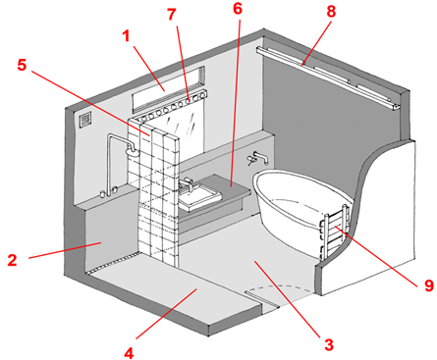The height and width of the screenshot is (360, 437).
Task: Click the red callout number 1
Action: [127, 36]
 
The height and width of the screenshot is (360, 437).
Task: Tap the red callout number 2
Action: [12, 260]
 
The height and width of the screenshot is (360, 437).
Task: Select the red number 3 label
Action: [329, 344]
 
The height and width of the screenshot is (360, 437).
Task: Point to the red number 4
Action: [129, 353]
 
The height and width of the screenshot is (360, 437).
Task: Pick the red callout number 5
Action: [22, 65]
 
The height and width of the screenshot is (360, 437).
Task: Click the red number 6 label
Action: [238, 9]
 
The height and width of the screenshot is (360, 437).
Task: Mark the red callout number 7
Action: [172, 15]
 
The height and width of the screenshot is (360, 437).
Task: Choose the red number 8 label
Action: [331, 12]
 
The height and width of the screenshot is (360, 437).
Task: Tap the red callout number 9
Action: [429, 285]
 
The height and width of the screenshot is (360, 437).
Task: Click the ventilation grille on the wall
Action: [85, 120]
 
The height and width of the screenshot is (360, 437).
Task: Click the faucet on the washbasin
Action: [187, 183]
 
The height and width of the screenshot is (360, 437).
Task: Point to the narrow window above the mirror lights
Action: [168, 88]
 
